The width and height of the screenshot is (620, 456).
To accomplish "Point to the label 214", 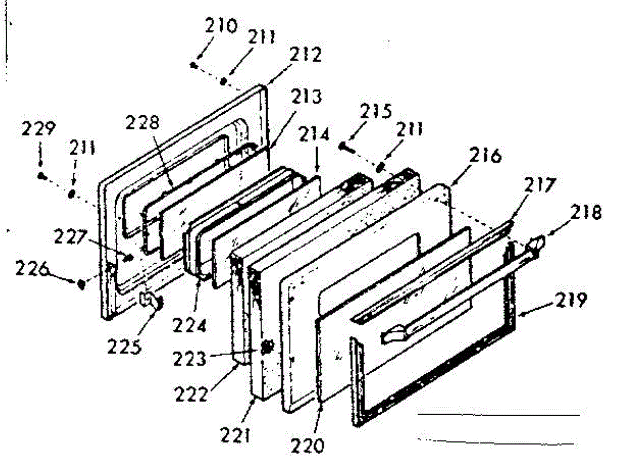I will tap(317, 136).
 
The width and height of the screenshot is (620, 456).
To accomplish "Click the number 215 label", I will tap(377, 112).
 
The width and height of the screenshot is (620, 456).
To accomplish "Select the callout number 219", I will tap(571, 300).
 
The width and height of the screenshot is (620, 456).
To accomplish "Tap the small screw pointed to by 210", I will tap(193, 65).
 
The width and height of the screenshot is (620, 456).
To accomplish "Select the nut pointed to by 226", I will tap(81, 283).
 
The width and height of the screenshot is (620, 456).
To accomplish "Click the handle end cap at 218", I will tap(537, 242).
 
